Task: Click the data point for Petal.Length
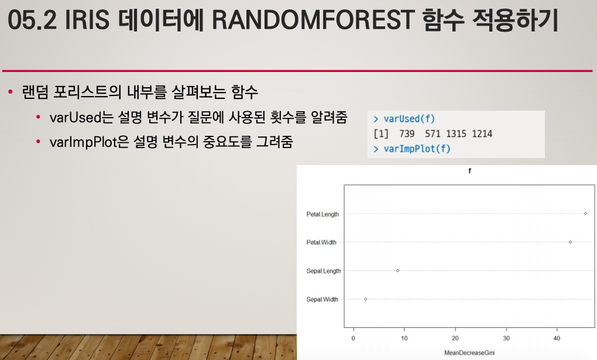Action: click(585, 213)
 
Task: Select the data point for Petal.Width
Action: click(570, 242)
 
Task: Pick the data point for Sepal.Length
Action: click(397, 270)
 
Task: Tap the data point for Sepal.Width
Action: click(365, 299)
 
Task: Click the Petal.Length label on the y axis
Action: click(322, 214)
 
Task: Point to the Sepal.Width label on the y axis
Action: click(322, 300)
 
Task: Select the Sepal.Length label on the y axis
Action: click(324, 271)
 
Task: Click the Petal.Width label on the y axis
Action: click(321, 242)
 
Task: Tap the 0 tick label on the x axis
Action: click(354, 338)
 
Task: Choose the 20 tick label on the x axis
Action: click(455, 338)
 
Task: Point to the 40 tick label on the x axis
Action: click(557, 338)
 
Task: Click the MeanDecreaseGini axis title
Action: click(469, 353)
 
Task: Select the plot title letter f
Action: click(469, 171)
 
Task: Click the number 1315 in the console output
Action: click(456, 133)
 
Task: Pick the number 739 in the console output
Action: click(407, 133)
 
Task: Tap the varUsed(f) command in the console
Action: click(409, 119)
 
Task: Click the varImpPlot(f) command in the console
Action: click(417, 149)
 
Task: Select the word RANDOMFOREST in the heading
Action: click(313, 20)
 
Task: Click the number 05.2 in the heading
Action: click(32, 20)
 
